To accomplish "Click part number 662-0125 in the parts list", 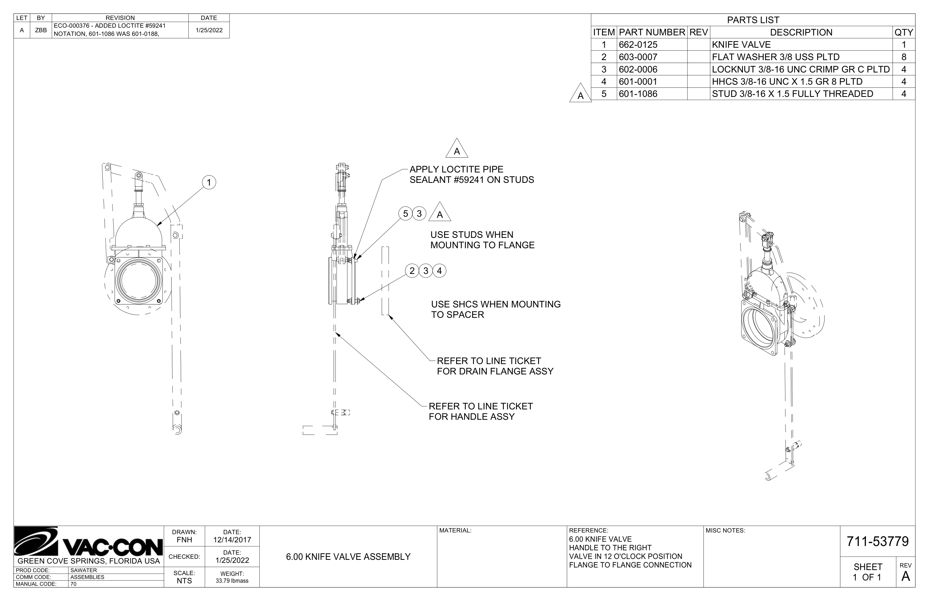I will (x=638, y=44).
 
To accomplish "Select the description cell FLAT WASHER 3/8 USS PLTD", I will (x=775, y=57).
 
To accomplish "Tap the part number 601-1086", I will (x=638, y=94).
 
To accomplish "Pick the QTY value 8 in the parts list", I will (x=903, y=57).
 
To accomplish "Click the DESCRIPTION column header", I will (x=801, y=32).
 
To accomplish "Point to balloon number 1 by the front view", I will (x=209, y=182).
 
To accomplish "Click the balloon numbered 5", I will (x=405, y=213).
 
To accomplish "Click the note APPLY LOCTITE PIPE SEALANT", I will (x=471, y=174).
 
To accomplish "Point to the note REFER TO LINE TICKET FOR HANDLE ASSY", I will (x=481, y=411).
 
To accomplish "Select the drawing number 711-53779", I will (x=877, y=541).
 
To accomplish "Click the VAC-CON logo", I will (x=89, y=542).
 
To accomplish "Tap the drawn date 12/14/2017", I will (x=232, y=540).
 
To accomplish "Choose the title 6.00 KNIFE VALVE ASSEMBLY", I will (x=348, y=557).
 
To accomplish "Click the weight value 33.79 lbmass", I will (x=232, y=581).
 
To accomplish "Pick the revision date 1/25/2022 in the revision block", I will (x=209, y=30).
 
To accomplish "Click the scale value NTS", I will (x=184, y=581).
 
